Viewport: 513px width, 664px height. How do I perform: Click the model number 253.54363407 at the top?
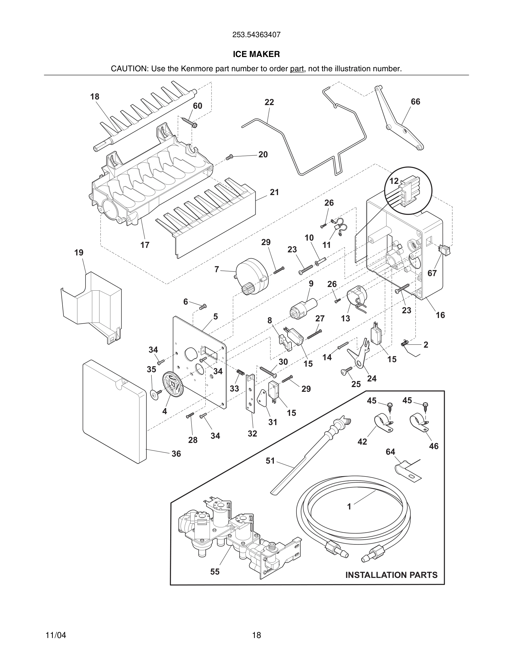[x=256, y=35]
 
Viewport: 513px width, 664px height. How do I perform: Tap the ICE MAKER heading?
[x=256, y=54]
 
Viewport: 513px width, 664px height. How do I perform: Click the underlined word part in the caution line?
[x=297, y=69]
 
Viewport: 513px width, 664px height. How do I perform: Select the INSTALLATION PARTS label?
[x=391, y=575]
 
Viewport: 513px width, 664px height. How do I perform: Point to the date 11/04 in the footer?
[x=56, y=635]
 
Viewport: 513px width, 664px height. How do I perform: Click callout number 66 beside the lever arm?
[x=415, y=101]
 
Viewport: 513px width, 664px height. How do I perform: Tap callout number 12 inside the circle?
[x=394, y=181]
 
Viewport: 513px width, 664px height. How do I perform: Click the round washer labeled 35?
[x=156, y=394]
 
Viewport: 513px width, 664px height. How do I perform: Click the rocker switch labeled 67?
[x=444, y=250]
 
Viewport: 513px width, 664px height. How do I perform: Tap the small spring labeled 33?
[x=241, y=372]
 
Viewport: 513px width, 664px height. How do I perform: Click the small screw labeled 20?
[x=229, y=157]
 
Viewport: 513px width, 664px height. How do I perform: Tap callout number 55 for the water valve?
[x=215, y=571]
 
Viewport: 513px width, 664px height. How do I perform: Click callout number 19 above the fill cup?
[x=79, y=253]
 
